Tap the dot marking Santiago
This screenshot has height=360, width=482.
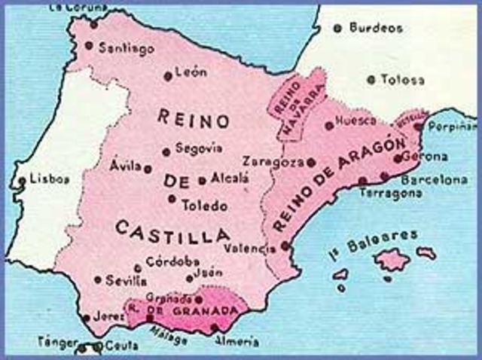tap(89, 45)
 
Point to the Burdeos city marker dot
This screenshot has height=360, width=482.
tap(337, 28)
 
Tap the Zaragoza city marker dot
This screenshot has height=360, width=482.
tap(311, 162)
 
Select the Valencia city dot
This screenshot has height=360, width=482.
tap(285, 245)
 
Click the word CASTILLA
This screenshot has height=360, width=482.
tap(163, 227)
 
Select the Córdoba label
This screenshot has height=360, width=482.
tap(167, 263)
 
